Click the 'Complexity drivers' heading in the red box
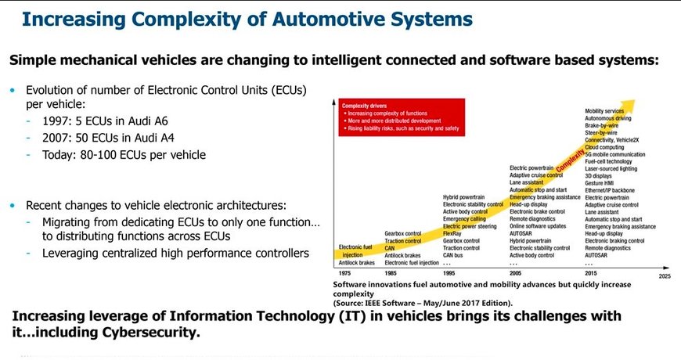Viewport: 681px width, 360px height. coord(365,104)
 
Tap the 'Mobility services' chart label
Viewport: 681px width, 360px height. coord(604,111)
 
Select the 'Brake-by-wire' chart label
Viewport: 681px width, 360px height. coord(602,125)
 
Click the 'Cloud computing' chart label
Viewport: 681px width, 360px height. coord(604,147)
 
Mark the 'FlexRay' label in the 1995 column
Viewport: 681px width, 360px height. coord(452,233)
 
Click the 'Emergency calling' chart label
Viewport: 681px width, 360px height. coord(466,219)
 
